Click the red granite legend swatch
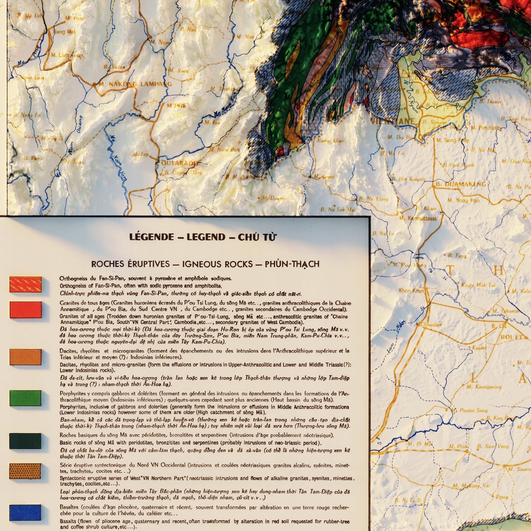[x=25, y=310]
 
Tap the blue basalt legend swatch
[x=25, y=512]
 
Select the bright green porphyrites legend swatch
[x=25, y=398]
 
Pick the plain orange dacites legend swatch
[x=25, y=357]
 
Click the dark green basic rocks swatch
[x=25, y=441]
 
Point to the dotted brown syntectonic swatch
[x=25, y=471]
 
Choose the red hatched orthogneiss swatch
[x=25, y=284]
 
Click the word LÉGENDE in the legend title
[x=151, y=237]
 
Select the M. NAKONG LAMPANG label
[x=135, y=84]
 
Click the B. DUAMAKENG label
[x=461, y=184]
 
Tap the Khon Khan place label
[x=411, y=290]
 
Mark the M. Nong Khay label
[x=452, y=140]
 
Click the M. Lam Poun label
[x=67, y=55]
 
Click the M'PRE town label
[x=176, y=106]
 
